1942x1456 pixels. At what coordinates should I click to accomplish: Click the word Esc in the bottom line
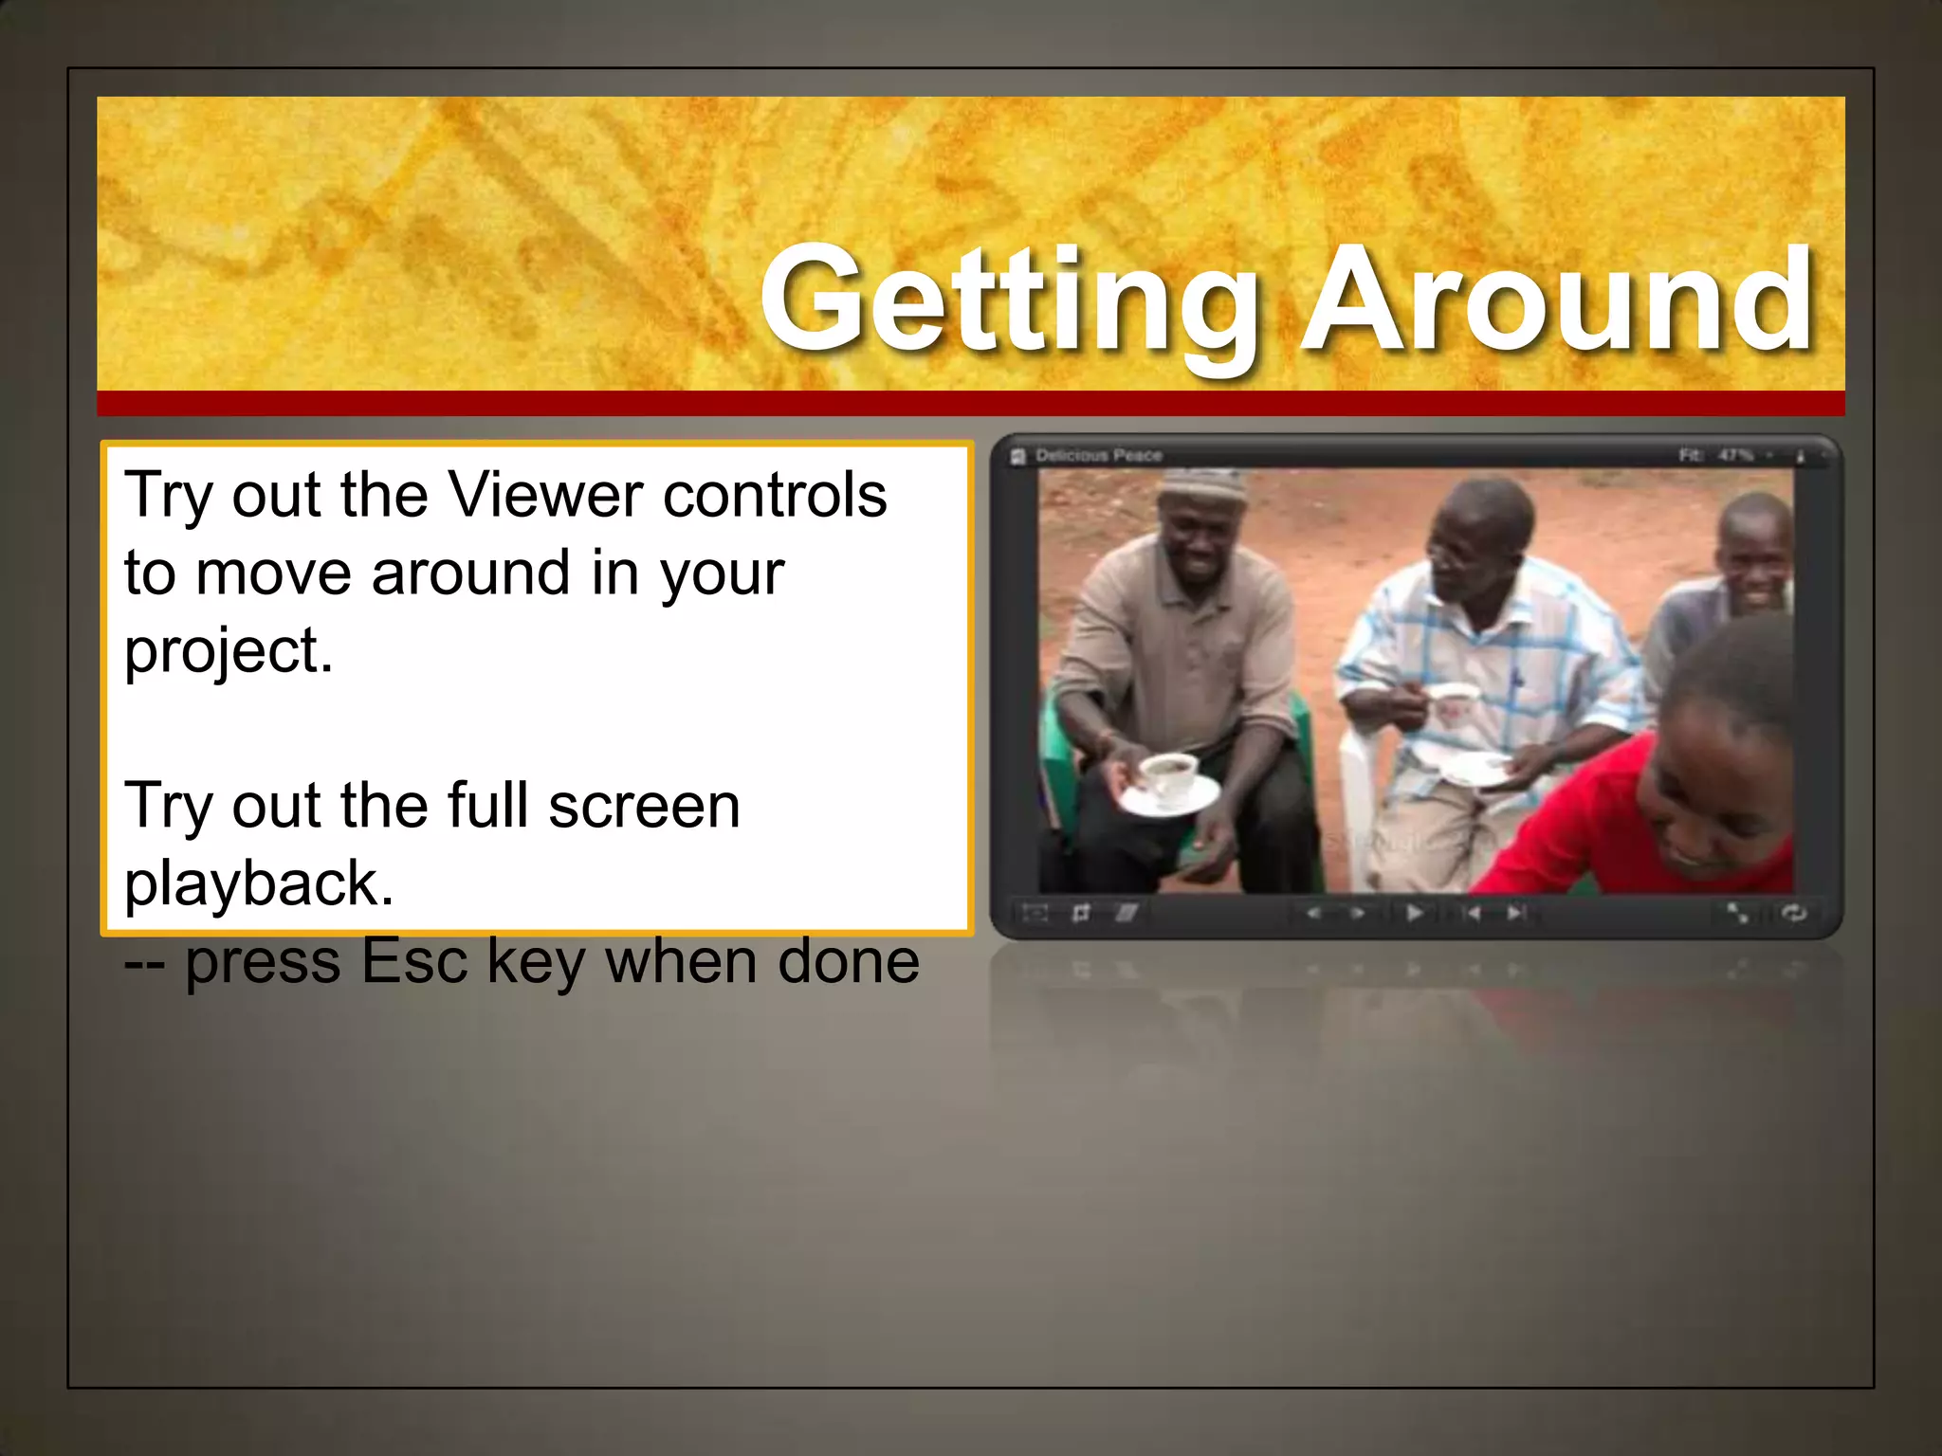point(414,961)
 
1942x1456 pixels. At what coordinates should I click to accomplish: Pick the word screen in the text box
point(644,806)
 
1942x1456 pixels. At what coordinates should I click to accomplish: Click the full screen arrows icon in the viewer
point(1737,913)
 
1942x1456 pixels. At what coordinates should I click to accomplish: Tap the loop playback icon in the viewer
point(1794,913)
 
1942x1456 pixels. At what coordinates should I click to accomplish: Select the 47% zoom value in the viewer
point(1734,456)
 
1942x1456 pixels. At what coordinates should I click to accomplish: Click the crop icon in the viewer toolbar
point(1080,913)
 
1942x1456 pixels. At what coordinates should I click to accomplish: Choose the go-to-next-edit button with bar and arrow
point(1516,913)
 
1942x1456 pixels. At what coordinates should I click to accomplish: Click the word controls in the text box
point(775,495)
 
